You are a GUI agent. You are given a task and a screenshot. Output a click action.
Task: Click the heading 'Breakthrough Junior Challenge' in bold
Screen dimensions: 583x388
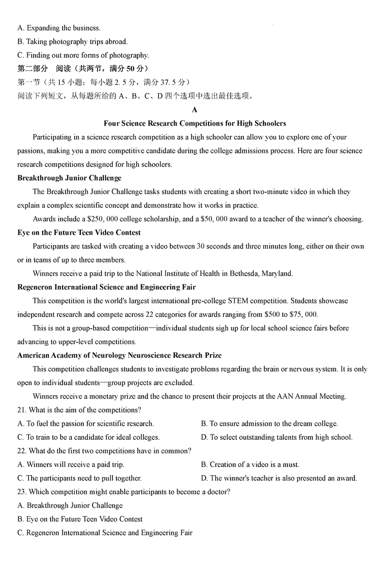point(69,178)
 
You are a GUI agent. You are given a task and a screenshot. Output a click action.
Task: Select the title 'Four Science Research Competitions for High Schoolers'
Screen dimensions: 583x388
point(194,123)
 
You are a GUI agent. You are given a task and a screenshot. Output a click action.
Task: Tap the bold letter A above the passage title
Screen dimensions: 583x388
point(194,110)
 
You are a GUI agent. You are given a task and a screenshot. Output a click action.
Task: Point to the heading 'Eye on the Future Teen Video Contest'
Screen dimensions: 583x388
point(79,233)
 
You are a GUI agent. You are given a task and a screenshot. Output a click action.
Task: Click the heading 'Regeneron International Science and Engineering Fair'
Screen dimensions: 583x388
point(107,287)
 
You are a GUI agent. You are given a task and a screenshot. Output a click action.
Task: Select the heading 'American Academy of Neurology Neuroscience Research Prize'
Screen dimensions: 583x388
point(119,355)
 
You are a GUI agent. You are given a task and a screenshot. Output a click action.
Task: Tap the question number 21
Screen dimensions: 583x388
point(22,410)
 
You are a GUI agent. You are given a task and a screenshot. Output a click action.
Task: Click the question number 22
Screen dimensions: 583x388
point(22,451)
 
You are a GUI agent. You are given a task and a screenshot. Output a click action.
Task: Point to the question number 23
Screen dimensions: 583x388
point(22,492)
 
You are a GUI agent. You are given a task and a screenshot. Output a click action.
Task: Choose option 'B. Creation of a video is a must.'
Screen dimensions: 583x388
point(250,465)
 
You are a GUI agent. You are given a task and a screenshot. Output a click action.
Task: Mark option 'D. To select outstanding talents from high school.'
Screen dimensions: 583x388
point(276,437)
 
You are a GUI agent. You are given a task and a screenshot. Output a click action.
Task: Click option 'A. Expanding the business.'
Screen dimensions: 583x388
point(59,28)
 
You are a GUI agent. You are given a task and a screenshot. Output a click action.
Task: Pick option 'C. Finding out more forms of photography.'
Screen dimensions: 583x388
point(83,55)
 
